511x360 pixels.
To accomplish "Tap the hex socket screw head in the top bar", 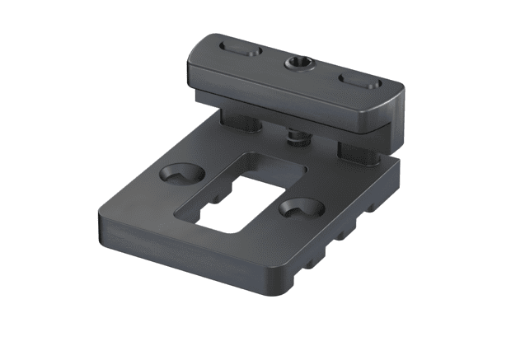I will click(x=298, y=63).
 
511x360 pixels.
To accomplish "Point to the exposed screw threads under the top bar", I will click(x=295, y=133).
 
